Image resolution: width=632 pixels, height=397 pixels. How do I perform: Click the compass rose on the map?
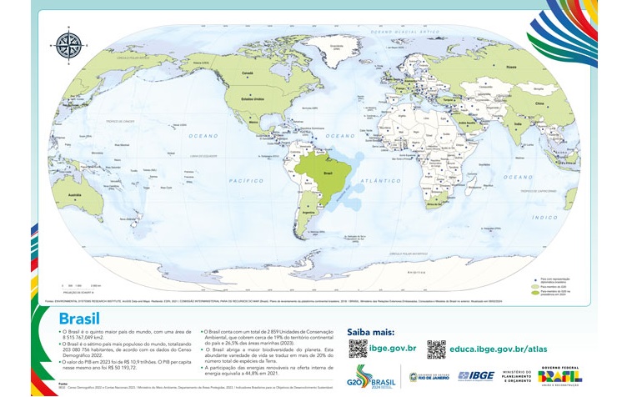(x=68, y=44)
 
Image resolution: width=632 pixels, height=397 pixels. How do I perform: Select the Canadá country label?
(x=247, y=73)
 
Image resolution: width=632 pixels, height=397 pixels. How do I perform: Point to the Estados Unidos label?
(x=252, y=98)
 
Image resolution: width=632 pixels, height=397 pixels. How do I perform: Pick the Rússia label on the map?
(x=511, y=67)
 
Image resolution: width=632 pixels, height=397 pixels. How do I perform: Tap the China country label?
(x=539, y=103)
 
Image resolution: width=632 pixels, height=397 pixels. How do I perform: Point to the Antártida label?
(x=410, y=272)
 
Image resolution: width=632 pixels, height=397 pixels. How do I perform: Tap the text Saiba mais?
(x=370, y=331)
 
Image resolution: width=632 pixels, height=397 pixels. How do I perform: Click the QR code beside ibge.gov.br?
(x=357, y=349)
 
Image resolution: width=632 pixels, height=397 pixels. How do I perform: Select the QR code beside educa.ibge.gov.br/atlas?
(x=436, y=349)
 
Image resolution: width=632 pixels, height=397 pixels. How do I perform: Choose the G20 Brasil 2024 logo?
(x=371, y=376)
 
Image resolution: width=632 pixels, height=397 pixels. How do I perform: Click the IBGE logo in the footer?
(x=475, y=376)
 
